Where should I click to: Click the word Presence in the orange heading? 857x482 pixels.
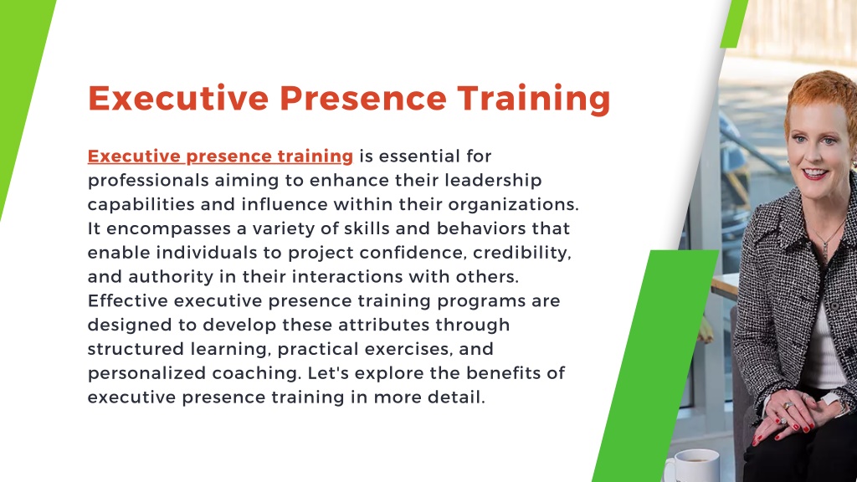pyautogui.click(x=363, y=99)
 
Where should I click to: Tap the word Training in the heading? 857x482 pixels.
pyautogui.click(x=534, y=100)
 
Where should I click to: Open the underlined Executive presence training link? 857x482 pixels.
pyautogui.click(x=220, y=156)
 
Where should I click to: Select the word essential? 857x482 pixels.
pyautogui.click(x=419, y=156)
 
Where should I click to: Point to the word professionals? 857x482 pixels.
pyautogui.click(x=148, y=181)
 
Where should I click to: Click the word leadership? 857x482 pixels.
pyautogui.click(x=493, y=181)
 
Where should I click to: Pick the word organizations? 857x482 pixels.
pyautogui.click(x=513, y=205)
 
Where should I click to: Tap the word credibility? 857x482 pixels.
pyautogui.click(x=522, y=253)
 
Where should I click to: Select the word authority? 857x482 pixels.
pyautogui.click(x=171, y=277)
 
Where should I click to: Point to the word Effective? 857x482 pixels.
pyautogui.click(x=128, y=300)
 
